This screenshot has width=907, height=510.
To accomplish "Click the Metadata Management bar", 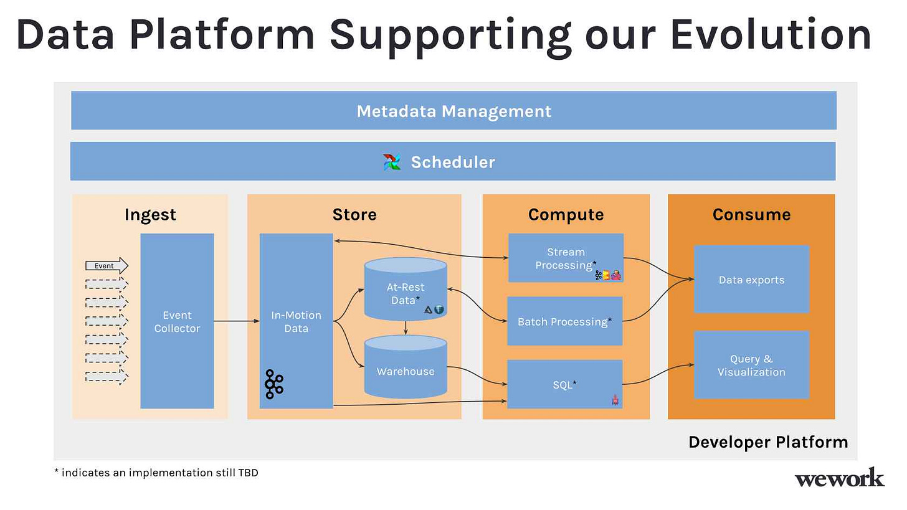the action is pyautogui.click(x=453, y=110).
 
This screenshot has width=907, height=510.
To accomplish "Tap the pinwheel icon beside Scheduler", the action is pyautogui.click(x=392, y=162).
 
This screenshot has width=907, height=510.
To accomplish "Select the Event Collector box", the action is pyautogui.click(x=177, y=321).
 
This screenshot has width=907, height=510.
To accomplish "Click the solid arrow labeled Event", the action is pyautogui.click(x=107, y=265).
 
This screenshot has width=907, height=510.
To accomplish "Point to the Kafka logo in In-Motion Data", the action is pyautogui.click(x=274, y=384).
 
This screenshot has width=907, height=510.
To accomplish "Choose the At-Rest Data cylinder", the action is pyautogui.click(x=406, y=289).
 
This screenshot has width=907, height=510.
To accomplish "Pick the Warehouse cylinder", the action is pyautogui.click(x=406, y=366).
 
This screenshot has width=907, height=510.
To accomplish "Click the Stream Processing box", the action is pyautogui.click(x=566, y=258).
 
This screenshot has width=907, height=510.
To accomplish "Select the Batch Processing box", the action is pyautogui.click(x=565, y=321).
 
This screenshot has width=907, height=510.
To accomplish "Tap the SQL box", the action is pyautogui.click(x=565, y=384).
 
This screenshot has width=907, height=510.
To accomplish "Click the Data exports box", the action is pyautogui.click(x=751, y=279).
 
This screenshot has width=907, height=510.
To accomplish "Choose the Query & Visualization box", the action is pyautogui.click(x=751, y=365).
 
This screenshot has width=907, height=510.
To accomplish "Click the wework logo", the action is pyautogui.click(x=839, y=478).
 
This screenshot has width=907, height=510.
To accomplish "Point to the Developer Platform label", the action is pyautogui.click(x=768, y=442).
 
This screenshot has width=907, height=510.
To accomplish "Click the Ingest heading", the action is pyautogui.click(x=150, y=215).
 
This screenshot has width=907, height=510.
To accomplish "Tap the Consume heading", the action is pyautogui.click(x=751, y=214).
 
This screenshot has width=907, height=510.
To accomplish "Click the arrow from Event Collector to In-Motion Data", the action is pyautogui.click(x=237, y=321).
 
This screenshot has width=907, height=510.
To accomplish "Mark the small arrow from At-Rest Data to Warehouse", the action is pyautogui.click(x=406, y=328).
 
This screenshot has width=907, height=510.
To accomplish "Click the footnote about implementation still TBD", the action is pyautogui.click(x=156, y=473).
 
